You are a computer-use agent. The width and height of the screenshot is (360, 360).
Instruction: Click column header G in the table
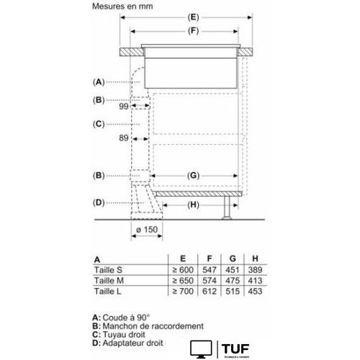[230, 258]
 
